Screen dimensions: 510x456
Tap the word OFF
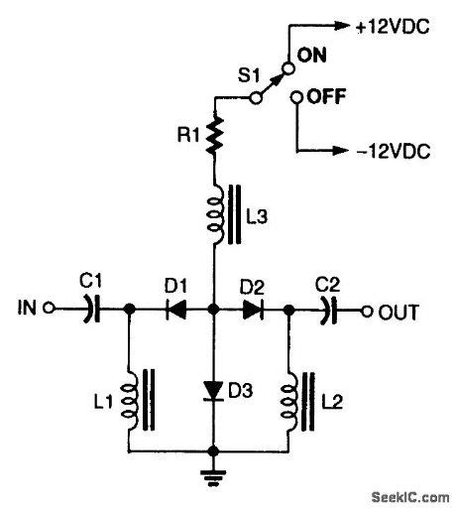point(324,98)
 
